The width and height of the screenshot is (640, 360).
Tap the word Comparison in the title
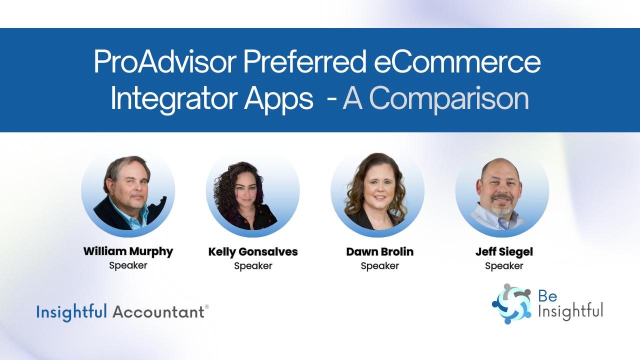coord(435,99)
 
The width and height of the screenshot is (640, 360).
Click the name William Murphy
coord(128,251)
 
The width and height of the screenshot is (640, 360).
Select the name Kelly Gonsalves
coord(253,252)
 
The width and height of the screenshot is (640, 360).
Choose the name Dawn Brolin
coord(380,252)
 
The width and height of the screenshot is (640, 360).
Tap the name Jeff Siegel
coord(504,252)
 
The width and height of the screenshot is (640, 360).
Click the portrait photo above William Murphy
coord(128,190)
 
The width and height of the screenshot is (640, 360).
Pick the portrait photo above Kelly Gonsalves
coord(253,190)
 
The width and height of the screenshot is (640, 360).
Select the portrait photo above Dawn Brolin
coord(377,190)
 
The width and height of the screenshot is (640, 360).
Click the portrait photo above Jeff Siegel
coord(502,190)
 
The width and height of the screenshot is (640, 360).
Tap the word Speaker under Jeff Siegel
coord(504,266)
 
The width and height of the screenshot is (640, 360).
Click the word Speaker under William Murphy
coord(128,265)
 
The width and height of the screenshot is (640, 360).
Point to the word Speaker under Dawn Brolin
coord(380,266)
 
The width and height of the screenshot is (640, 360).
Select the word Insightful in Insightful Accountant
coord(71,312)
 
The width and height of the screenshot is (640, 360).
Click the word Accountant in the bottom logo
coord(158,312)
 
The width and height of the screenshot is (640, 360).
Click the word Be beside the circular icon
coord(547,296)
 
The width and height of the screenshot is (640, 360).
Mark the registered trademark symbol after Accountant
coord(206,307)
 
